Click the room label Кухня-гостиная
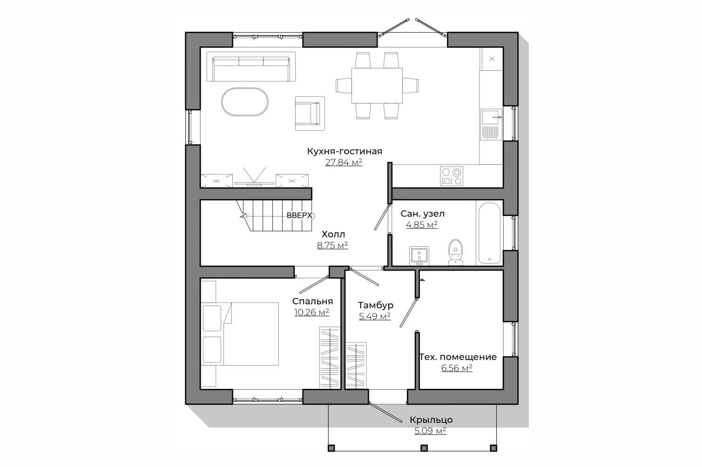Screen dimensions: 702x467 tap(344, 151)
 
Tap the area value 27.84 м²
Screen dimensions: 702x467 tap(344, 162)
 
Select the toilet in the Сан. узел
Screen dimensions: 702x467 tap(455, 252)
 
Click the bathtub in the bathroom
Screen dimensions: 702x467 tap(489, 233)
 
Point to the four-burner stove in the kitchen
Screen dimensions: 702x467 tap(451, 176)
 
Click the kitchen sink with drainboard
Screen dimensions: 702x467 tap(492, 124)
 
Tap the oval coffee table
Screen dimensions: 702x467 tap(245, 102)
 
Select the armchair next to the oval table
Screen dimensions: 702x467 tap(310, 114)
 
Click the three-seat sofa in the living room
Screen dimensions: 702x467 tap(251, 67)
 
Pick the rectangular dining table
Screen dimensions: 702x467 tap(377, 86)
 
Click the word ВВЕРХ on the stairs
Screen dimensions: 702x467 tap(299, 216)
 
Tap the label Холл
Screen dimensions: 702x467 tap(333, 234)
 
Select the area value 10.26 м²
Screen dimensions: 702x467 tap(311, 312)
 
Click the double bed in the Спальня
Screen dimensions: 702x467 tap(240, 334)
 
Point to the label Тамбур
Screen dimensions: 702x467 tap(376, 305)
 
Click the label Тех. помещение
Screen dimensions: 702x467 tap(458, 357)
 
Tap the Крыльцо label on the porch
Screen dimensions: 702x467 tap(431, 420)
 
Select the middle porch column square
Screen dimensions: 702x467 tap(424, 448)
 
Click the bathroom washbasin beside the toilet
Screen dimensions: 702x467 tap(419, 256)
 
